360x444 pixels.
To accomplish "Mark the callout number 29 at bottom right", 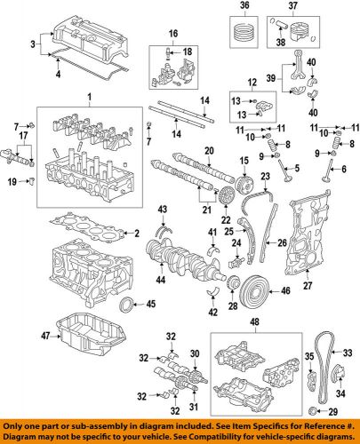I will click(332, 414).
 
